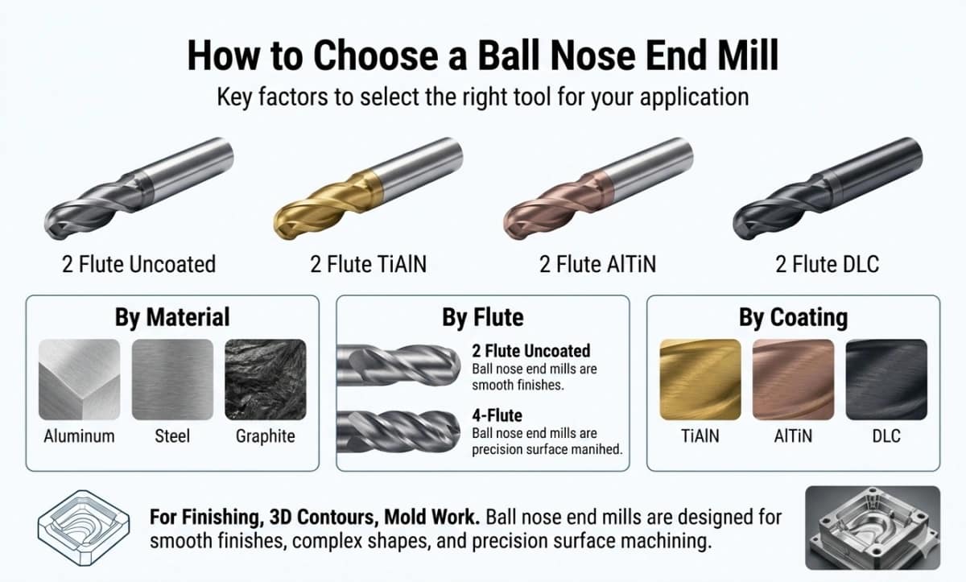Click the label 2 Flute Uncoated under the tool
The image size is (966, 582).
(139, 263)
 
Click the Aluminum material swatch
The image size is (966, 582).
(79, 379)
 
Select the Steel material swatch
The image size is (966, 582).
(172, 379)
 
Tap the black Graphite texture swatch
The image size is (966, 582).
(265, 379)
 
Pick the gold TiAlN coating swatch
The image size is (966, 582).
(700, 379)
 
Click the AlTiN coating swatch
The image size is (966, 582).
(793, 379)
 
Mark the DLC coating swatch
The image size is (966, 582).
(885, 379)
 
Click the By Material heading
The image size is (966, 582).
(172, 316)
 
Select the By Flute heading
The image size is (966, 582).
(482, 316)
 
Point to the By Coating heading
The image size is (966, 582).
(793, 317)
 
